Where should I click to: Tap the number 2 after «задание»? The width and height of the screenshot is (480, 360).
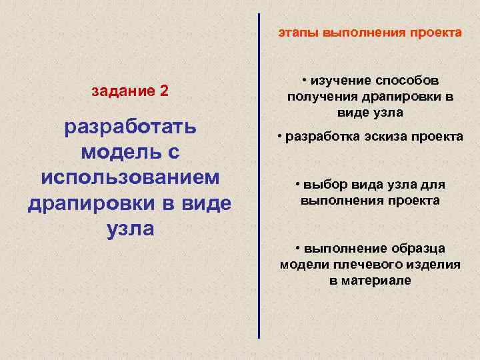pyautogui.click(x=164, y=91)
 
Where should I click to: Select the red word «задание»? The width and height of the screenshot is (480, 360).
pyautogui.click(x=123, y=91)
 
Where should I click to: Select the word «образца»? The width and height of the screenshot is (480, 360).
pyautogui.click(x=417, y=249)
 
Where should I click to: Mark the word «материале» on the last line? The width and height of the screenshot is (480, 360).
pyautogui.click(x=377, y=281)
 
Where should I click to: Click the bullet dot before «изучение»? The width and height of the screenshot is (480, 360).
pyautogui.click(x=303, y=80)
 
